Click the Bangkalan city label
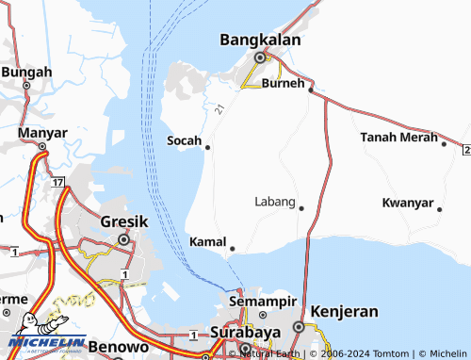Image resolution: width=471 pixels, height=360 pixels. click(x=260, y=41)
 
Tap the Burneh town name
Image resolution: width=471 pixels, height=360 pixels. click(x=284, y=83)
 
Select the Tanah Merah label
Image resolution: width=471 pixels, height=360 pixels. click(x=399, y=138)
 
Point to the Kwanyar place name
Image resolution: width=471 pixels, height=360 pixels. click(x=408, y=204)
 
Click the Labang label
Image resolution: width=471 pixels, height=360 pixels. click(x=275, y=202)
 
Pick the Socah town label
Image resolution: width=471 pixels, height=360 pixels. click(x=184, y=140)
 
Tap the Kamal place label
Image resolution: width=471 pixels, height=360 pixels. click(x=208, y=242)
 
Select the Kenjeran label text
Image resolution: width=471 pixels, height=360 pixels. click(x=344, y=310)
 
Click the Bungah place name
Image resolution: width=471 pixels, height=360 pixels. click(x=26, y=72)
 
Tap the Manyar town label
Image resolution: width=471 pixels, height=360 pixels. click(x=25, y=133)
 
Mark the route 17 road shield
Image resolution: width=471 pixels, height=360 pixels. click(x=58, y=180)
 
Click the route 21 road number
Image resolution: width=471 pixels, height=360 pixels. click(x=219, y=110)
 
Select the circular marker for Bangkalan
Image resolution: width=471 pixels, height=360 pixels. click(x=260, y=57)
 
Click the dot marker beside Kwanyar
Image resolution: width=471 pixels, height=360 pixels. click(x=440, y=209)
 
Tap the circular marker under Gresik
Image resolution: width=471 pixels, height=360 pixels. click(x=123, y=239)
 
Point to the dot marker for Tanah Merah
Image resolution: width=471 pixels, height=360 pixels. click(x=444, y=143)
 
